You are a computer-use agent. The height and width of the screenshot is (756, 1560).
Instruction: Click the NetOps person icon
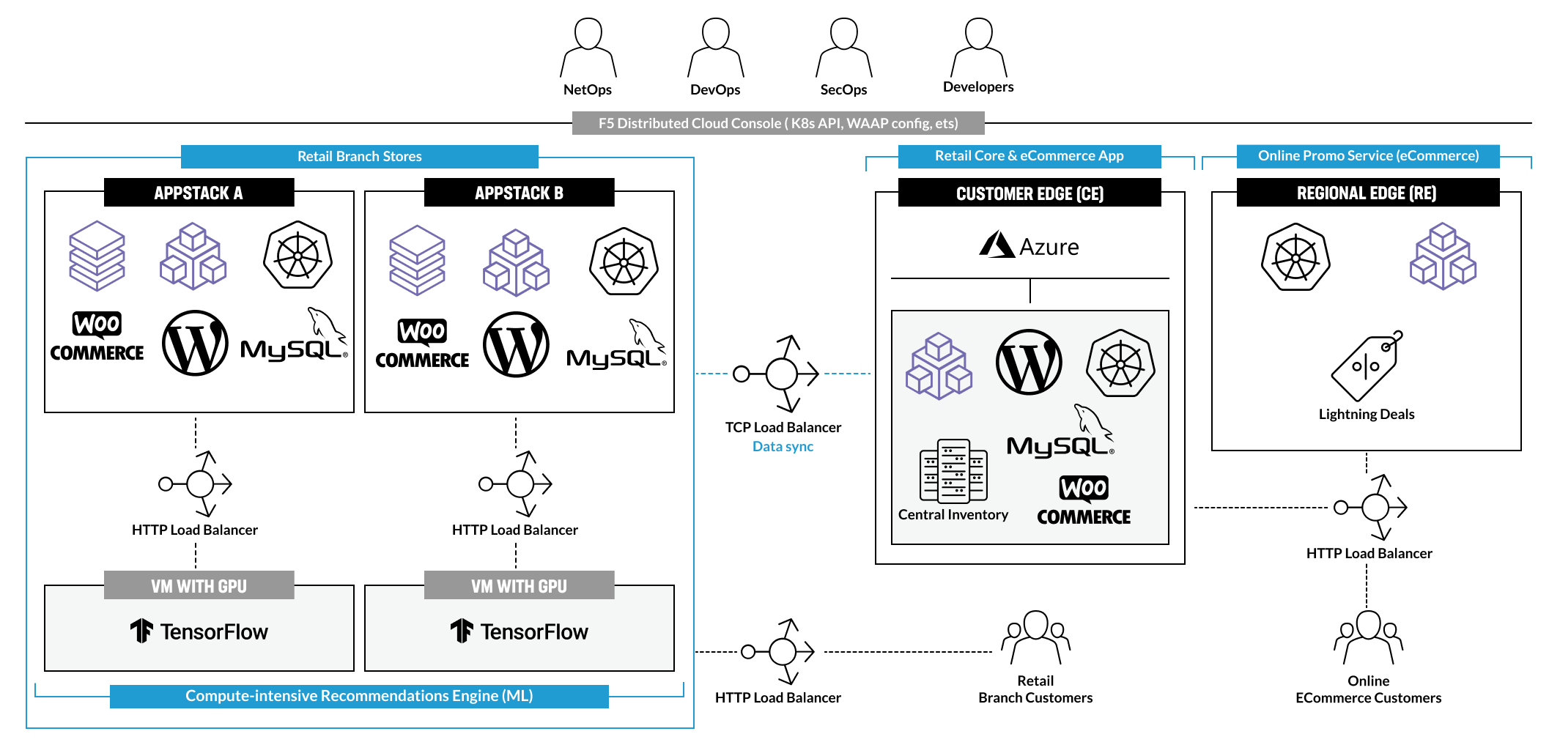tap(588, 48)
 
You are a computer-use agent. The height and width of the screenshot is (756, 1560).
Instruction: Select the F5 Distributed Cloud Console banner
tap(777, 123)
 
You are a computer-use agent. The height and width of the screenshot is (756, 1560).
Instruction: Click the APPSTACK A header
tap(199, 193)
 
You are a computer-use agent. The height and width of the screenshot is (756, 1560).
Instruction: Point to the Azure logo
tap(1029, 246)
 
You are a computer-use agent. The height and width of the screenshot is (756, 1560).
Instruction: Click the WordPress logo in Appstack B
tap(516, 345)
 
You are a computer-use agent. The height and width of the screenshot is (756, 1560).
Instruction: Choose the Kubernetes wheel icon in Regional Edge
tap(1295, 257)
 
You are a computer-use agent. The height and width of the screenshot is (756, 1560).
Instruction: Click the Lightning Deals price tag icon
tap(1366, 365)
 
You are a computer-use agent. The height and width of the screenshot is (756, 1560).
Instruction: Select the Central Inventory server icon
tap(953, 471)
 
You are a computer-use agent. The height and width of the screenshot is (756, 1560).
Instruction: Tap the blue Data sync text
tap(783, 446)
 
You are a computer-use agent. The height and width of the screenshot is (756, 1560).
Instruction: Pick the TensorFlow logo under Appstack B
tap(519, 631)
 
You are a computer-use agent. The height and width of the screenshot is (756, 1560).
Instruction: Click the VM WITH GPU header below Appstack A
tap(199, 585)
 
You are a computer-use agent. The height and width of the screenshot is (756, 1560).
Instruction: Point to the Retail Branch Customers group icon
tap(1035, 636)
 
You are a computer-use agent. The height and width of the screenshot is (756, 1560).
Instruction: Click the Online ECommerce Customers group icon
tap(1368, 636)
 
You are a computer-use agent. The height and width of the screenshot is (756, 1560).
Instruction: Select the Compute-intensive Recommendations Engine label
tap(359, 696)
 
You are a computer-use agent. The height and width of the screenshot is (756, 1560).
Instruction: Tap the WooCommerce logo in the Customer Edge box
tap(1084, 500)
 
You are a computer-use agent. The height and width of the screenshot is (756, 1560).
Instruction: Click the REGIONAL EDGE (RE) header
tap(1367, 193)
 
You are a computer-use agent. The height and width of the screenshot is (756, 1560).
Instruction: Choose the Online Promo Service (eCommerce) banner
tap(1367, 156)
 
